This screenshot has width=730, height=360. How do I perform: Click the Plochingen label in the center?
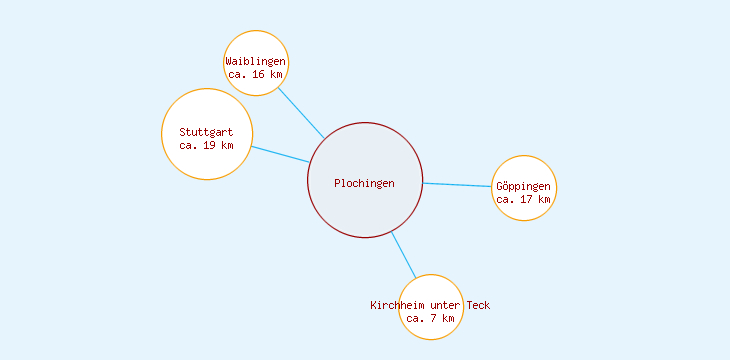(364, 183)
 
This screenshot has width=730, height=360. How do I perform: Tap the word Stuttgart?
(206, 132)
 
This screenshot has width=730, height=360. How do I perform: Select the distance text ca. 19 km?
(206, 145)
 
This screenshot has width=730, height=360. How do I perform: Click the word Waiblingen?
(256, 61)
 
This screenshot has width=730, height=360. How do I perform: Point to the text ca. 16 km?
(256, 74)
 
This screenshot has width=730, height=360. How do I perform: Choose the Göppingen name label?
(523, 186)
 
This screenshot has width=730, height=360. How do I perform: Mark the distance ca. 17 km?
(523, 199)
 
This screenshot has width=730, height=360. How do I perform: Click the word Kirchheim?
(396, 305)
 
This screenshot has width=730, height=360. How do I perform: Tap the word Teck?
(478, 305)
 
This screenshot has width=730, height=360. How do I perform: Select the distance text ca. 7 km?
(430, 318)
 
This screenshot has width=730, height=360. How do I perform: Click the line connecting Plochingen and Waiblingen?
(300, 112)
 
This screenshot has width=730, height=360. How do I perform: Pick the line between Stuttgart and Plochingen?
(279, 154)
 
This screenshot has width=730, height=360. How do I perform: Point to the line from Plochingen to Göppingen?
(458, 185)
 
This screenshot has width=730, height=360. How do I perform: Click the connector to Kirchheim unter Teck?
(403, 254)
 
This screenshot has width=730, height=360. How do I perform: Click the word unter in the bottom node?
(444, 305)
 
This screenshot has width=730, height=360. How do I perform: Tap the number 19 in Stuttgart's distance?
(210, 145)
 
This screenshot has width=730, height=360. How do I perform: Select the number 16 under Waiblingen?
(260, 74)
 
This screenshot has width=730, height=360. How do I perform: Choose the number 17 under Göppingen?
(527, 199)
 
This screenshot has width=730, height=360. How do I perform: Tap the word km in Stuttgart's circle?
(227, 145)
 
